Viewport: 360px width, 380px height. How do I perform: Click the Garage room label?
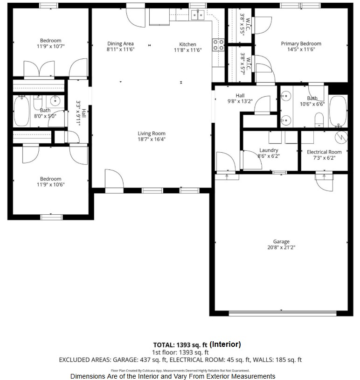281,242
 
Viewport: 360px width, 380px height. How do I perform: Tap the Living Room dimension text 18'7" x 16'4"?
152,139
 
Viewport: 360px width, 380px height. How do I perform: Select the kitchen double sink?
198,15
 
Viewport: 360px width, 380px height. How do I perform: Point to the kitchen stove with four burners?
218,45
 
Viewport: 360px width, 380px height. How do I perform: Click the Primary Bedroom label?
301,43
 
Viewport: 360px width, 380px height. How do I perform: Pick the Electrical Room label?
324,152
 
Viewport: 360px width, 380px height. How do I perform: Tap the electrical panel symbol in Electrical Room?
341,137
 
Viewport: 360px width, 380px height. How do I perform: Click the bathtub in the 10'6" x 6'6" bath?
338,111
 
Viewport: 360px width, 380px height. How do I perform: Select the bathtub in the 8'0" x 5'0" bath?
21,111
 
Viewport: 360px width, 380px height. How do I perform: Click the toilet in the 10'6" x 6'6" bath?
319,120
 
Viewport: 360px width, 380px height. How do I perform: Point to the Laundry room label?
269,150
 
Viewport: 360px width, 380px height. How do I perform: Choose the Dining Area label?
120,43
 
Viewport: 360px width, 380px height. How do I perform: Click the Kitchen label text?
187,44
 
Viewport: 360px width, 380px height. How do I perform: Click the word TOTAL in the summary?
164,345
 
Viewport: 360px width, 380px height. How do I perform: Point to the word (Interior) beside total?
225,345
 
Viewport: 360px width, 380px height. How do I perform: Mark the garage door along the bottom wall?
283,313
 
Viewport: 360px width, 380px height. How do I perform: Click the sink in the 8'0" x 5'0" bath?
55,101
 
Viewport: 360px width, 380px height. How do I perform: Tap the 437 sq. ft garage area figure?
153,360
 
